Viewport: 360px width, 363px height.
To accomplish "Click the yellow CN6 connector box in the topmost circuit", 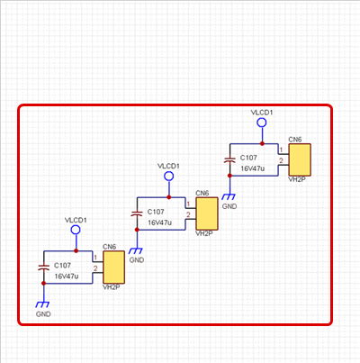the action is [300, 159].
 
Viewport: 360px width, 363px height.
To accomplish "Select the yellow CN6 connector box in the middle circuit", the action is [207, 213].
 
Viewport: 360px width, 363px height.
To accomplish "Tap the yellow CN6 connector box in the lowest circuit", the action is [113, 268].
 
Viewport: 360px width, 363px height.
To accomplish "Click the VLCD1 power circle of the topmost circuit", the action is [262, 123].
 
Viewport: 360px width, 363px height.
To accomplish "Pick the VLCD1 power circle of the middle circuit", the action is [169, 177].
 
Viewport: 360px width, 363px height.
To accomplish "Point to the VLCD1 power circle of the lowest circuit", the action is [76, 230].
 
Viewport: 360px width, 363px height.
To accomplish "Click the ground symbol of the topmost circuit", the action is [229, 196].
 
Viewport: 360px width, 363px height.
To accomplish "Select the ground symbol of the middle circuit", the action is [136, 250].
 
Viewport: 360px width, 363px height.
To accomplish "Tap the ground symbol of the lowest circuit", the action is [42, 304].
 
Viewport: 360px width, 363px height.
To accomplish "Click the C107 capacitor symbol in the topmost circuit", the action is [229, 159].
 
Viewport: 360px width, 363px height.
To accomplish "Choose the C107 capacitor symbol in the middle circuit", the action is [137, 213].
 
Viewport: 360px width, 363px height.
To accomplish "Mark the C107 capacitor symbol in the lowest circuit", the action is [44, 268].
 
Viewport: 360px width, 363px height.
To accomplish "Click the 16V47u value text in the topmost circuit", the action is [252, 168].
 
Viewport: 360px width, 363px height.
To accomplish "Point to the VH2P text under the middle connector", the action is [204, 233].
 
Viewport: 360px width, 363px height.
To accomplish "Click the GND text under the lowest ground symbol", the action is [43, 314].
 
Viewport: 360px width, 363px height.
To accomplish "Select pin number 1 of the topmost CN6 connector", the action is [281, 150].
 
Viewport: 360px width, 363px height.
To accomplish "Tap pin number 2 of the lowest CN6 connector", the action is [95, 268].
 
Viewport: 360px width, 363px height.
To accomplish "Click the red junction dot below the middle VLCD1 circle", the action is [169, 197].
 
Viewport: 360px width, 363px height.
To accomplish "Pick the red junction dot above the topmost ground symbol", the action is [229, 176].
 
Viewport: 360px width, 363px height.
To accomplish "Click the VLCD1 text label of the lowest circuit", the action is [76, 220].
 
